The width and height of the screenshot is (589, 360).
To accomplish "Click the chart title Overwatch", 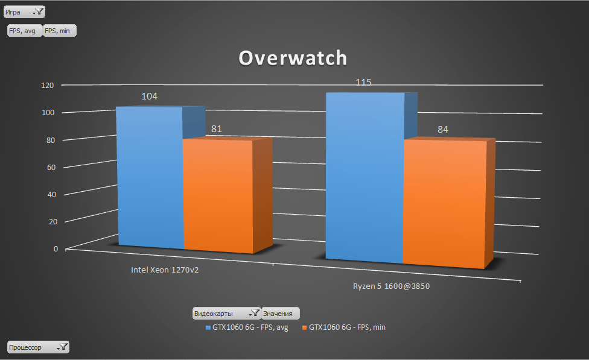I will click(x=293, y=58).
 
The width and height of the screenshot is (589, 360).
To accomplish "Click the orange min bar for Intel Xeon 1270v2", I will click(x=217, y=196).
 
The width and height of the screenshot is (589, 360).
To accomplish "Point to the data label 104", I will click(x=150, y=96).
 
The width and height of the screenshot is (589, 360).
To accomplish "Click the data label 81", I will click(x=217, y=129).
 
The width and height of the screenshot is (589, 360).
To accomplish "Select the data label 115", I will click(x=363, y=82).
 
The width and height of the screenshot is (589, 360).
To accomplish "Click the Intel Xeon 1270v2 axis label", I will click(x=165, y=270).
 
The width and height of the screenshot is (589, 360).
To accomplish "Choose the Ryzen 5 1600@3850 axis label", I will click(x=391, y=286).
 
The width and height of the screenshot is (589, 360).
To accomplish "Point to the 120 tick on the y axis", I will click(x=48, y=86).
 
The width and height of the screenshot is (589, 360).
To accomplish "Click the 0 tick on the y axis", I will click(x=56, y=248).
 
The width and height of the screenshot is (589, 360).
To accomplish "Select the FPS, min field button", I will click(x=60, y=31).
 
